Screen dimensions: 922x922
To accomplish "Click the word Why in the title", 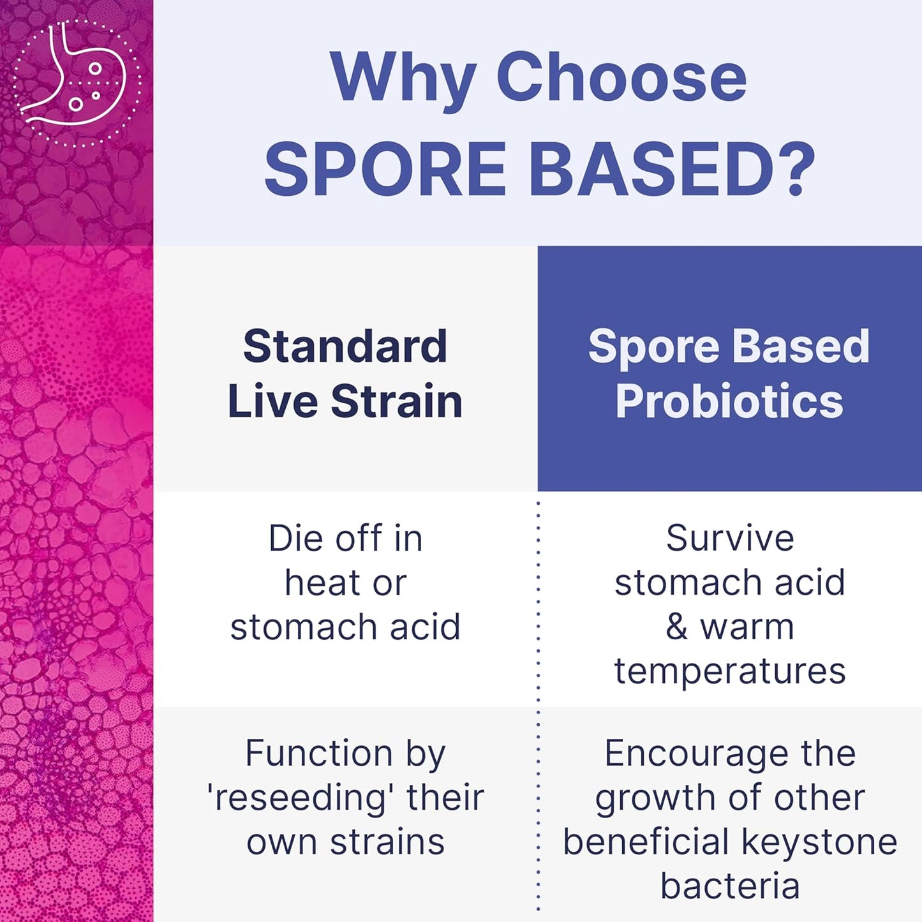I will coord(403,78).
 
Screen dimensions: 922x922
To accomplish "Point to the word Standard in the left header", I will coord(345,346).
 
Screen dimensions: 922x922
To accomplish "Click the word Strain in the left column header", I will coord(396,401).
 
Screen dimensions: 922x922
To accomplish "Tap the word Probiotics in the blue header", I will coord(729,401).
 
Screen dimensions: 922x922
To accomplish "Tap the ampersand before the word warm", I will coord(676,627).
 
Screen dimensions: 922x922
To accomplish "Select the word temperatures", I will coord(730,671).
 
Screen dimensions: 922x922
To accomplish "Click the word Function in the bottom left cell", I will coord(318,754).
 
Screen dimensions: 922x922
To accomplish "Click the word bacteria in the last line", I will coord(730,886).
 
